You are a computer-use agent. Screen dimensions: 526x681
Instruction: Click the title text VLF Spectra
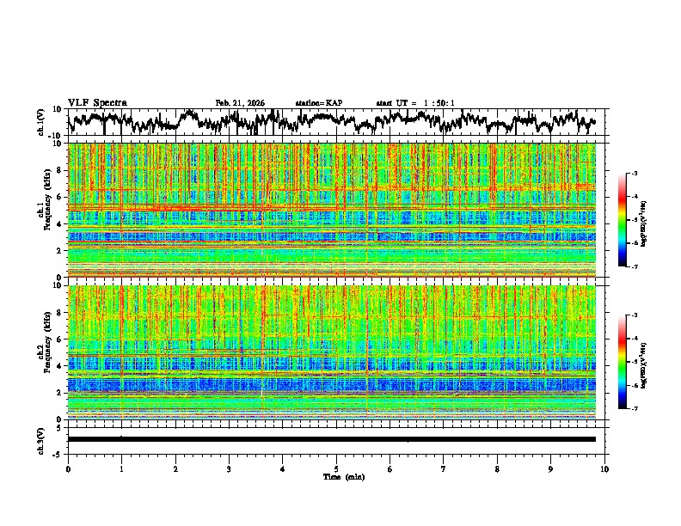[x=97, y=102]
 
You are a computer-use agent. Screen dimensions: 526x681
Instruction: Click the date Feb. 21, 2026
[x=240, y=103]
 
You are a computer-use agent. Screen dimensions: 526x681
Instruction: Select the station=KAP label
[x=318, y=103]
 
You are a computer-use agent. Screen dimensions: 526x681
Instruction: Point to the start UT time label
[x=414, y=103]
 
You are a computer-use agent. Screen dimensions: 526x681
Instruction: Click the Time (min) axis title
[x=336, y=476]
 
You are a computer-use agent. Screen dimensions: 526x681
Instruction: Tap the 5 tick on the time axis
[x=336, y=468]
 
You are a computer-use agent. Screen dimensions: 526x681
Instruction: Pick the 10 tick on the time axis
[x=604, y=468]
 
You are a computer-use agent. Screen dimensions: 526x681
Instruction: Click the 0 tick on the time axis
[x=68, y=468]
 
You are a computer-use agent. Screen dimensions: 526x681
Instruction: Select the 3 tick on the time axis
[x=229, y=468]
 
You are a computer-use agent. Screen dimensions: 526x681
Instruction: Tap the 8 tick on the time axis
[x=497, y=468]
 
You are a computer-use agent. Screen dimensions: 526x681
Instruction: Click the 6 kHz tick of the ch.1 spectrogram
[x=61, y=197]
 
